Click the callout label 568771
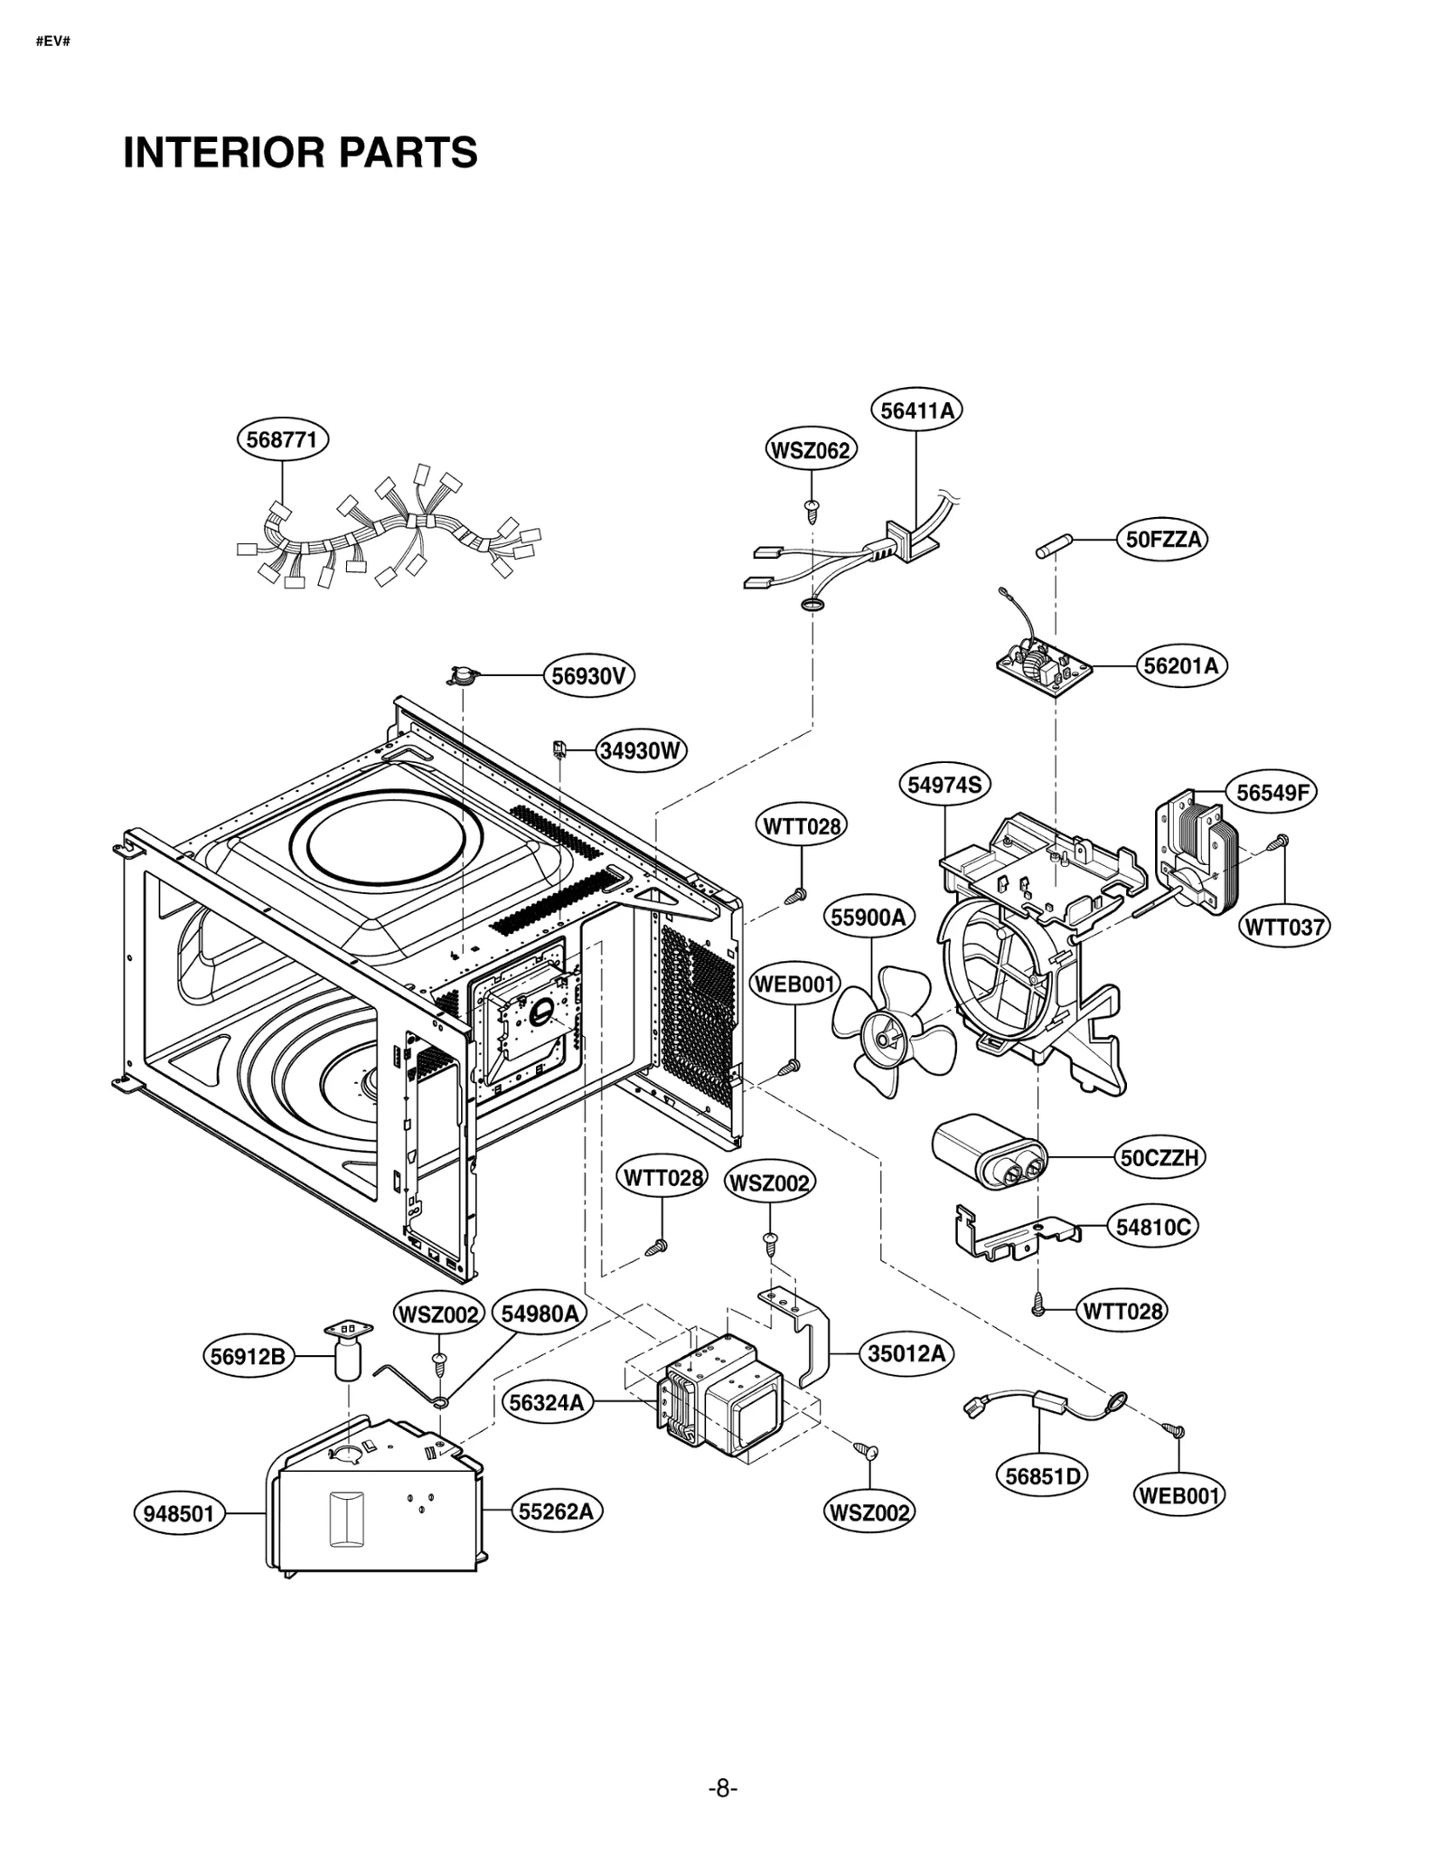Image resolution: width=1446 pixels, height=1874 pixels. (x=282, y=440)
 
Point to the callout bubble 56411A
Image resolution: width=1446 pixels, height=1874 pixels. (x=916, y=410)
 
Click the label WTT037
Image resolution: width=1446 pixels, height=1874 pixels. (x=1283, y=927)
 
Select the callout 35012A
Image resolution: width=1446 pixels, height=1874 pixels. (x=906, y=1353)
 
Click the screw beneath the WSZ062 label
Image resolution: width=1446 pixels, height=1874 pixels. (x=812, y=511)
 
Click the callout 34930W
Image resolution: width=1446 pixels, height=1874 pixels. (x=641, y=750)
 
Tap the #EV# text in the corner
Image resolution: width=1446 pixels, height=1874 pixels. (x=53, y=42)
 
